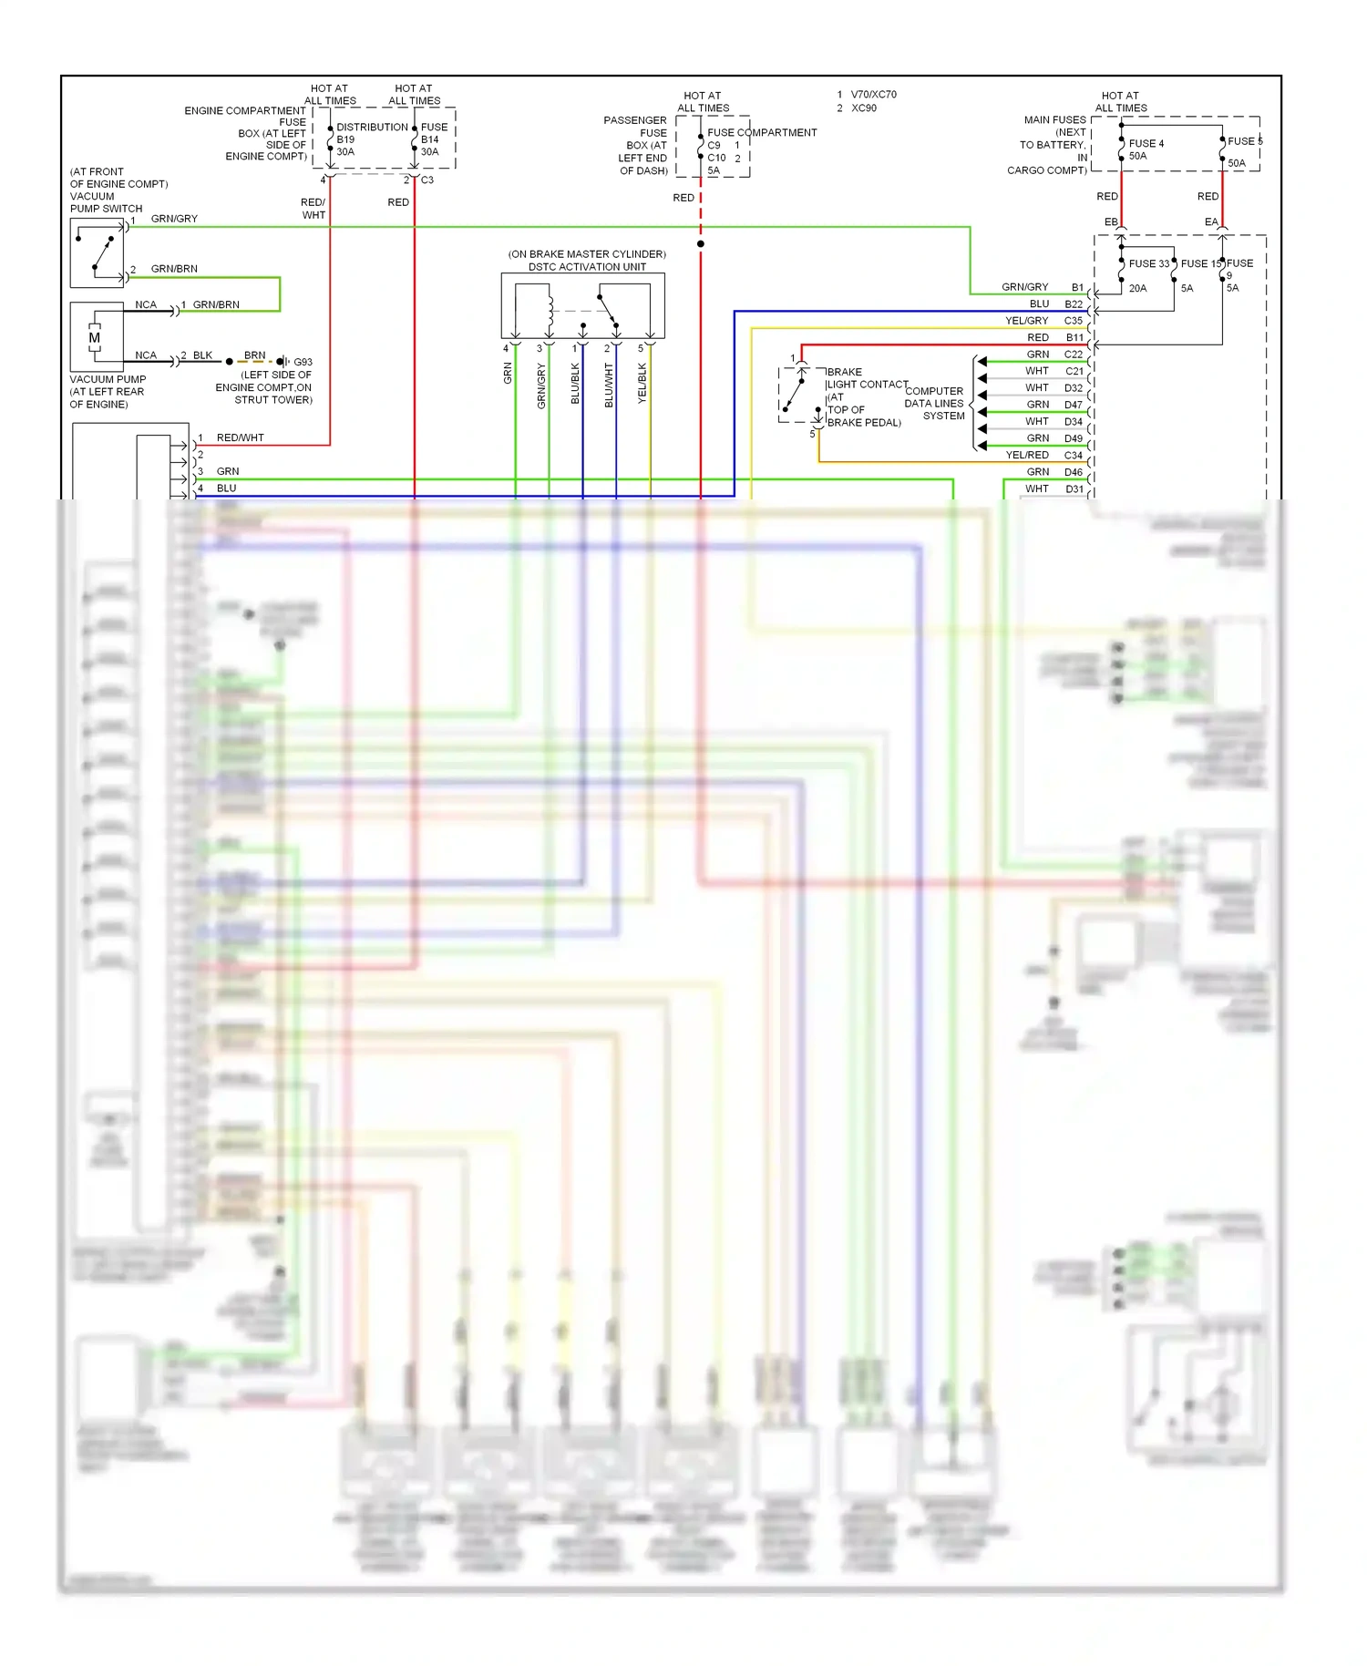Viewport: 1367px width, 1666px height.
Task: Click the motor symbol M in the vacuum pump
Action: point(94,338)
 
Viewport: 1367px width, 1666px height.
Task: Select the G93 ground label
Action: point(303,362)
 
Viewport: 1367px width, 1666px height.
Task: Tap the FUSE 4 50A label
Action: point(1146,149)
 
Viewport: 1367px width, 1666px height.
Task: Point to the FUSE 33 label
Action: point(1148,263)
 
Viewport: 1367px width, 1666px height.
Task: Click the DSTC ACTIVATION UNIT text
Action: point(587,267)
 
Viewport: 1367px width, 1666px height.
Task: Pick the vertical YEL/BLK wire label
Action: point(642,384)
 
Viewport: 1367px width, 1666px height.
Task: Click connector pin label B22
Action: point(1074,304)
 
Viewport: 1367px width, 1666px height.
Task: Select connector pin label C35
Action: point(1074,321)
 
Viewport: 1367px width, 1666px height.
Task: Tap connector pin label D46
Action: point(1074,472)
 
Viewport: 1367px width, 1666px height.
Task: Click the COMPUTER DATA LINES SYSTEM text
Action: point(935,403)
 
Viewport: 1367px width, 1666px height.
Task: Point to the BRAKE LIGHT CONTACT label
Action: point(866,378)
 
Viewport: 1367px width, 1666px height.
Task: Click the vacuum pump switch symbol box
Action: point(97,254)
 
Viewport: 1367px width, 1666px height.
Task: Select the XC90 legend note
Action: point(863,108)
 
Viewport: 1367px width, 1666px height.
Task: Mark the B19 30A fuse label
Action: point(345,146)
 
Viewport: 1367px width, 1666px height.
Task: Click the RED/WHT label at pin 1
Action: point(240,437)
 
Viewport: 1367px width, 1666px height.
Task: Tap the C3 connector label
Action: point(427,180)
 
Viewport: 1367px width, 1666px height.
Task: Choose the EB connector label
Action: point(1110,222)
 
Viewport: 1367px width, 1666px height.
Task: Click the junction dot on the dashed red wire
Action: point(700,244)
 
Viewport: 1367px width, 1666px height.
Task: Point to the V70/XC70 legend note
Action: point(873,95)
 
